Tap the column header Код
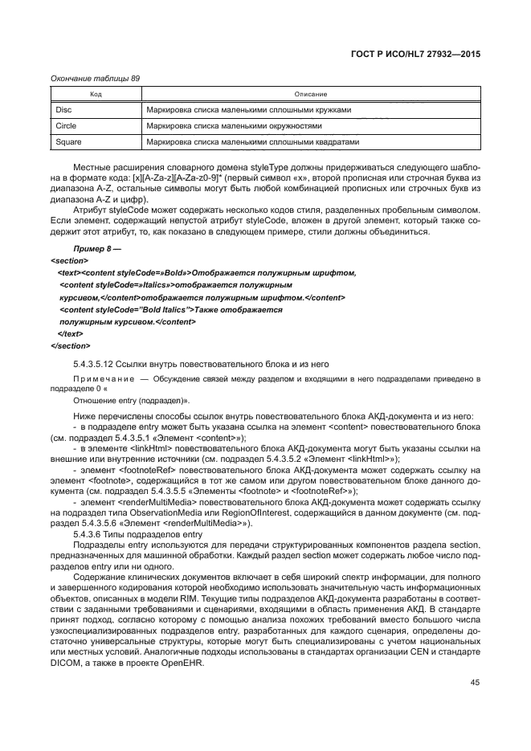click(95, 95)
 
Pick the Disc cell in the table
click(63, 110)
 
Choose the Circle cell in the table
click(66, 126)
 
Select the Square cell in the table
click(68, 142)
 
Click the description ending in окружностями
click(234, 126)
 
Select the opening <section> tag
click(70, 261)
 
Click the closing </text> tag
click(71, 333)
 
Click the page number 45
click(475, 683)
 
